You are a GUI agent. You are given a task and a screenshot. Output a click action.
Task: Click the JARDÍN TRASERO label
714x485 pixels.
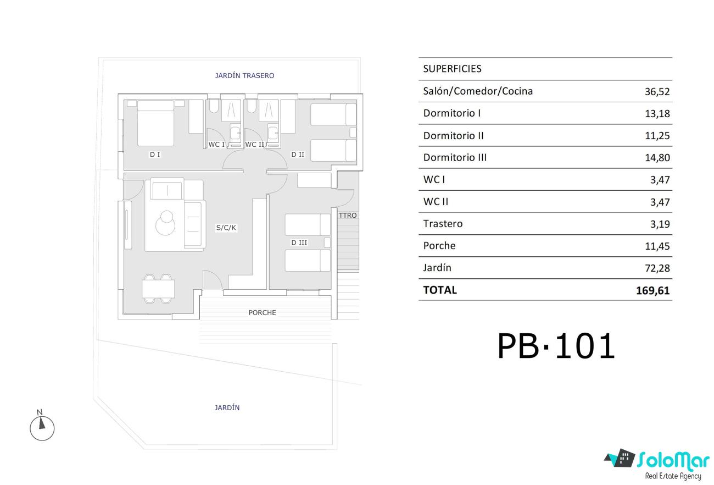click(x=244, y=76)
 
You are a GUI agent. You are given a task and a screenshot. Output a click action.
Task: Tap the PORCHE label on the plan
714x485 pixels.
click(x=263, y=313)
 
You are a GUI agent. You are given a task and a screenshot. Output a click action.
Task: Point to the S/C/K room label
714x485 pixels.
click(x=226, y=228)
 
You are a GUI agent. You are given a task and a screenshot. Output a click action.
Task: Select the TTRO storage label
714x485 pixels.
click(x=348, y=216)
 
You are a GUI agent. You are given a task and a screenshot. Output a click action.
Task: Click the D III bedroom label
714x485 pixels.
click(x=299, y=242)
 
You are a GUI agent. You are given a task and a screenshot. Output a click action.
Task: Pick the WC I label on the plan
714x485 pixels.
click(x=216, y=145)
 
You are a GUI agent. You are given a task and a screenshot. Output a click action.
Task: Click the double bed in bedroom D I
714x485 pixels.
click(x=156, y=123)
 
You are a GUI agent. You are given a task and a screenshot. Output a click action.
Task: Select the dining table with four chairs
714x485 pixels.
click(x=158, y=289)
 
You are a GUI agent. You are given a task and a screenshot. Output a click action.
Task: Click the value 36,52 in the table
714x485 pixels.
click(x=657, y=92)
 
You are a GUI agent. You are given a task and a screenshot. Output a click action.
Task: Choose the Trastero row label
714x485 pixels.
click(x=443, y=224)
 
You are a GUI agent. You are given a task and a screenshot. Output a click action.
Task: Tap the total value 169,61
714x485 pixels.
click(x=653, y=290)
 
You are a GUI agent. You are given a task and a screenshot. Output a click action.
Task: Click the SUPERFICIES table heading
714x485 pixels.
click(x=453, y=69)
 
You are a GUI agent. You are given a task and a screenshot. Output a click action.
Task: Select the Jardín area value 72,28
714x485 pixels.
click(x=657, y=268)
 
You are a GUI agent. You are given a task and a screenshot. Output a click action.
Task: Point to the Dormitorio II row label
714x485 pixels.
click(x=453, y=136)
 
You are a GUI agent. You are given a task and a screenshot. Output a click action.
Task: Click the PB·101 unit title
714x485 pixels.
click(x=556, y=346)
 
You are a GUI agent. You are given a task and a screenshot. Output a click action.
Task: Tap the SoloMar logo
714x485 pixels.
click(x=657, y=464)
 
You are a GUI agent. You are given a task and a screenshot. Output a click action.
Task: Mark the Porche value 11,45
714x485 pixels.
click(x=657, y=246)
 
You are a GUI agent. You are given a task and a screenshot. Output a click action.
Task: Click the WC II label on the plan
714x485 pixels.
click(x=255, y=145)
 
